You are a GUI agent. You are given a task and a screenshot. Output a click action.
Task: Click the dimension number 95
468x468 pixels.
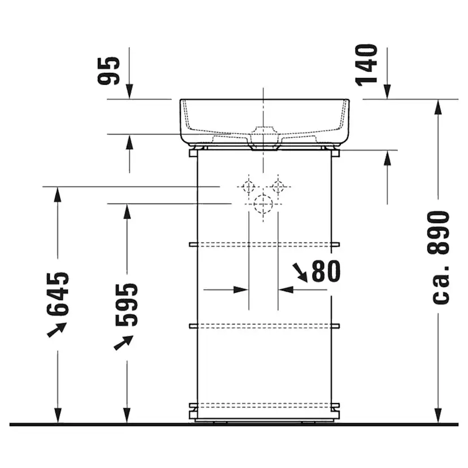(109, 71)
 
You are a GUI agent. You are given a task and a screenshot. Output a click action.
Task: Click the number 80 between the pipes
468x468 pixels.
(326, 272)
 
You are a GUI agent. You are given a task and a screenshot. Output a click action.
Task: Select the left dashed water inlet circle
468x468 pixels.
(248, 186)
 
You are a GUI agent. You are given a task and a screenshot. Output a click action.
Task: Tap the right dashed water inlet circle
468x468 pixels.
(278, 186)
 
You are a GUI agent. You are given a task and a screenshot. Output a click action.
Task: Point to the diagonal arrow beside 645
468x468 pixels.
(57, 329)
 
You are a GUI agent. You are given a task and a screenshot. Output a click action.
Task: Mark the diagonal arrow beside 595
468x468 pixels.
(124, 342)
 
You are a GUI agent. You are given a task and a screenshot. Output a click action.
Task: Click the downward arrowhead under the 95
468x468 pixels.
(129, 91)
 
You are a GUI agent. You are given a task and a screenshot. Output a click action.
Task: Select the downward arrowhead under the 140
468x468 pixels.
(387, 91)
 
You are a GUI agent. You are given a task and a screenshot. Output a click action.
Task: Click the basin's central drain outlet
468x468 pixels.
(264, 137)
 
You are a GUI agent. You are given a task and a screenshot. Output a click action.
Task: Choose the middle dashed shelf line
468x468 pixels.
(264, 326)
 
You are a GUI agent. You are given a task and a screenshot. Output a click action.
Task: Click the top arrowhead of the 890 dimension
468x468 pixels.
(438, 107)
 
